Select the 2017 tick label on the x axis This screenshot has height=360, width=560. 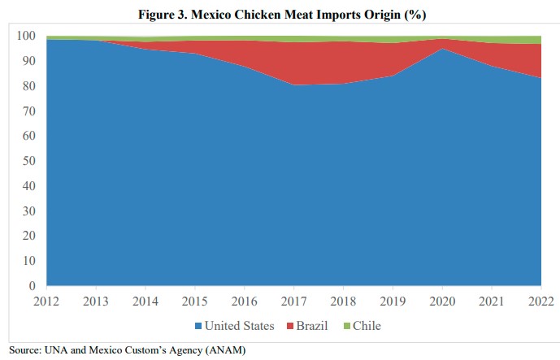[294, 301]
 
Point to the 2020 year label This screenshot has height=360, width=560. [442, 301]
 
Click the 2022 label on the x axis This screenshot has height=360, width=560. [540, 301]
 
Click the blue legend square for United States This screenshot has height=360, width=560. [198, 327]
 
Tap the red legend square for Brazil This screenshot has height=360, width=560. [289, 327]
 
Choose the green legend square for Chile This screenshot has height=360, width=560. [346, 327]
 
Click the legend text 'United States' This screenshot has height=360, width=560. [239, 327]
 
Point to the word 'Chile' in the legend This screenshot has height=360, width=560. [367, 327]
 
